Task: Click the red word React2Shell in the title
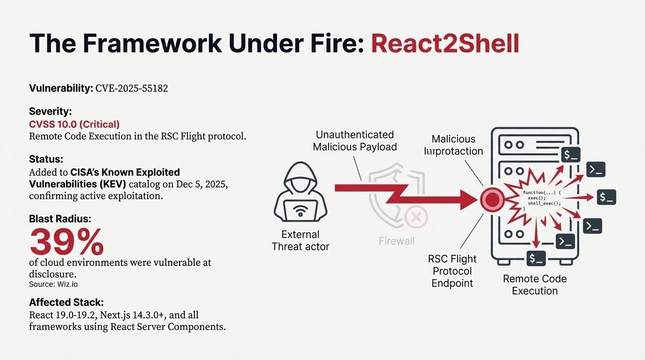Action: point(445,43)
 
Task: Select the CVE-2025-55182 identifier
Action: point(131,88)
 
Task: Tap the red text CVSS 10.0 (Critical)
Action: point(74,124)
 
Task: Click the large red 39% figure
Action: point(67,242)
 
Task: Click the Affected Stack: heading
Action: point(66,302)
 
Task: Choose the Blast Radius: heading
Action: point(60,219)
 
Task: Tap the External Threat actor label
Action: point(300,240)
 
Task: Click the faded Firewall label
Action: point(397,241)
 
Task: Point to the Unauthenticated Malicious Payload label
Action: point(354,141)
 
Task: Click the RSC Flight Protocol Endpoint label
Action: point(452,271)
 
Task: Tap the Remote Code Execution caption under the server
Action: point(534,285)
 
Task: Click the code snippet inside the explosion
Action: point(541,199)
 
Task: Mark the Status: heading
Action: point(46,159)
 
